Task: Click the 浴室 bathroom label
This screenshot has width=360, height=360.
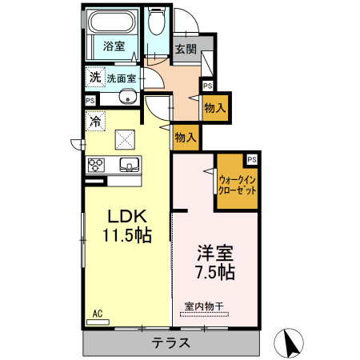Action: [x=114, y=46]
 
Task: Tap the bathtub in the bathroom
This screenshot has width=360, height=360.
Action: [x=114, y=23]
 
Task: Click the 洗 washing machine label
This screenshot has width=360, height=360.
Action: [x=95, y=78]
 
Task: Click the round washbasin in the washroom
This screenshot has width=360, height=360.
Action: [x=127, y=98]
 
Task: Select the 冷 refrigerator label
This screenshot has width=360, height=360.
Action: [x=95, y=122]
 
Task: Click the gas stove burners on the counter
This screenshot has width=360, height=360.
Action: [x=96, y=165]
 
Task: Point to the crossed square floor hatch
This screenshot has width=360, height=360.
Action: [x=126, y=140]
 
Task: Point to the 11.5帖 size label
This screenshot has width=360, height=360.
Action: [x=126, y=235]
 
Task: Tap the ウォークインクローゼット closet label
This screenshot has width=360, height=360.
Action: [x=237, y=186]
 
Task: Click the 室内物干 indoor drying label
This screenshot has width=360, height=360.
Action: [x=203, y=305]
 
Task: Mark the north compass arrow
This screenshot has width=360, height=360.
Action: [x=290, y=343]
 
